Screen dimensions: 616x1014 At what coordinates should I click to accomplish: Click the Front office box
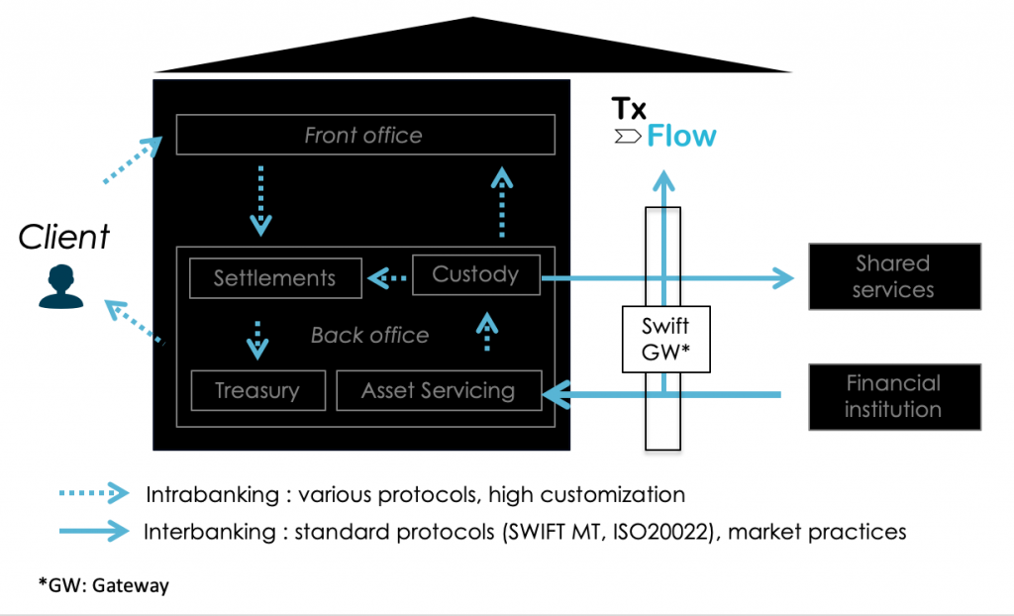[364, 135]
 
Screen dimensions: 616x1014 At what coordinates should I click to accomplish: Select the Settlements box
[274, 278]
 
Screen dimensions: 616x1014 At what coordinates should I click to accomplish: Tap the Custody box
[475, 274]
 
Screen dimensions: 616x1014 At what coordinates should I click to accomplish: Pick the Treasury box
[256, 390]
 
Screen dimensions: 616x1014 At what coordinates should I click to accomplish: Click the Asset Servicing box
[439, 390]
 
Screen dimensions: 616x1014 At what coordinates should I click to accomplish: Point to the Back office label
[369, 335]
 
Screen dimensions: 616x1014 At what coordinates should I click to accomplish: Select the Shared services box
[894, 276]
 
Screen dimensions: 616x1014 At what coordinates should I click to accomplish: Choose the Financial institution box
[894, 396]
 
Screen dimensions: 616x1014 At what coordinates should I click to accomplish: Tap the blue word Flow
[681, 136]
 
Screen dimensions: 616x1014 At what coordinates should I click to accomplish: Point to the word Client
[64, 237]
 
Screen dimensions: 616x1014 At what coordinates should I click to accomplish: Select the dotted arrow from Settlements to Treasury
[257, 340]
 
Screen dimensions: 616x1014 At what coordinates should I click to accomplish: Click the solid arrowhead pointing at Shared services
[782, 279]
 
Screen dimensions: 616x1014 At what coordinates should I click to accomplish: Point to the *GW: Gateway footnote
[104, 585]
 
